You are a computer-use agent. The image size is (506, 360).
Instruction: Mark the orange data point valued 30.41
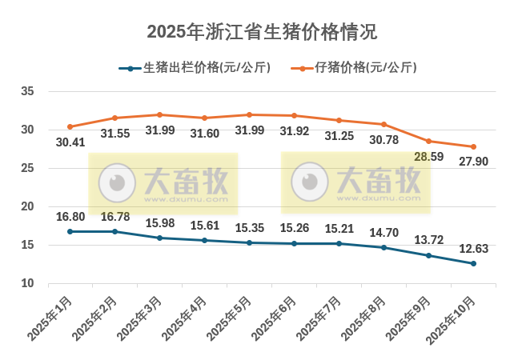click(x=70, y=126)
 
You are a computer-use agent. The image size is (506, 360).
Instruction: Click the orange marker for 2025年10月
click(x=473, y=146)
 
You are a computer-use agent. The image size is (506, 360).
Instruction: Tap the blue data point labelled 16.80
click(x=70, y=231)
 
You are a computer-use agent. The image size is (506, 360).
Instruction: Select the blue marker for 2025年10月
click(x=473, y=263)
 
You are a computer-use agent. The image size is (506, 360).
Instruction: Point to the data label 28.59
click(x=429, y=157)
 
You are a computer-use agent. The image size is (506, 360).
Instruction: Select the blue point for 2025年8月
click(x=384, y=247)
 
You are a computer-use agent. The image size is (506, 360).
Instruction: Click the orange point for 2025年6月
click(x=294, y=115)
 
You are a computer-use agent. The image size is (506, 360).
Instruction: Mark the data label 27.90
click(x=473, y=162)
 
